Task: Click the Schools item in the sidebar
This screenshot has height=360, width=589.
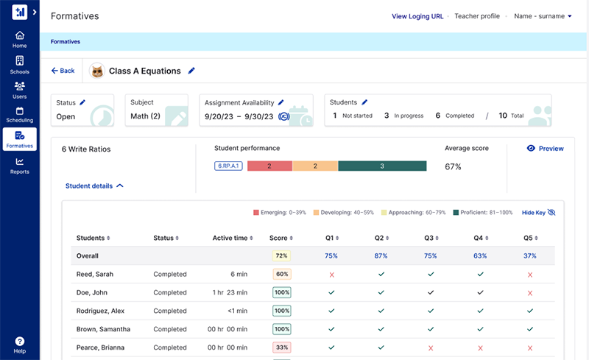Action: point(20,65)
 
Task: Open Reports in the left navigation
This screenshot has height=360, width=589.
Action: point(20,166)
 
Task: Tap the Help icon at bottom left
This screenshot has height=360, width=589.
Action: point(20,345)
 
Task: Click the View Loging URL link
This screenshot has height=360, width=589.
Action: point(417,16)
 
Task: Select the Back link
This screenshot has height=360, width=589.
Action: point(63,71)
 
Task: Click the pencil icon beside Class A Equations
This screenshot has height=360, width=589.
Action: point(191,71)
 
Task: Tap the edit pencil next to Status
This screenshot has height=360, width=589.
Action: point(82,102)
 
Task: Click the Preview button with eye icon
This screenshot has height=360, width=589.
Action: point(545,148)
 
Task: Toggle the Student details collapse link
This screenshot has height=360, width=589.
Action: point(94,186)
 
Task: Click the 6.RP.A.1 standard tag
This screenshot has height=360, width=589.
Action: point(228,166)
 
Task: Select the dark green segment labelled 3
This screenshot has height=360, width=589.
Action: point(382,166)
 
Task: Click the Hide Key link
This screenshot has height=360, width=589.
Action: point(538,212)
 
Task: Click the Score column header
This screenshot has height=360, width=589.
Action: point(281,238)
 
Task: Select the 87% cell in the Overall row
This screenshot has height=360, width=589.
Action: point(381,255)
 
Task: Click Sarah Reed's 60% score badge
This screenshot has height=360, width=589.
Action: point(281,274)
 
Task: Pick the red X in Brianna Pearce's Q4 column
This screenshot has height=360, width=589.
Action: point(480,347)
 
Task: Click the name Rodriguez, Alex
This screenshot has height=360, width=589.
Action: point(101,311)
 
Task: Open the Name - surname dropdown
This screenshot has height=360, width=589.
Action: point(543,16)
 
